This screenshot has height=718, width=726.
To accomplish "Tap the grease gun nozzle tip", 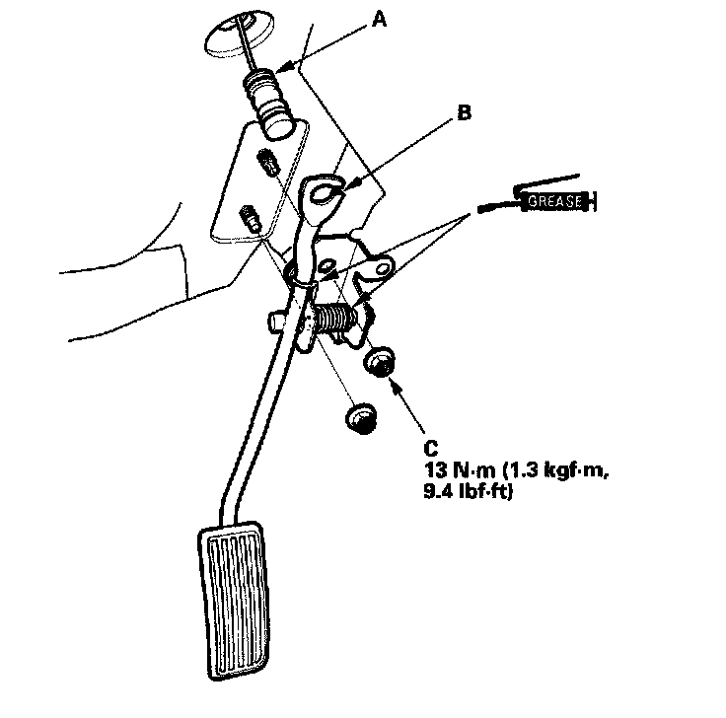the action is pyautogui.click(x=481, y=209).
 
